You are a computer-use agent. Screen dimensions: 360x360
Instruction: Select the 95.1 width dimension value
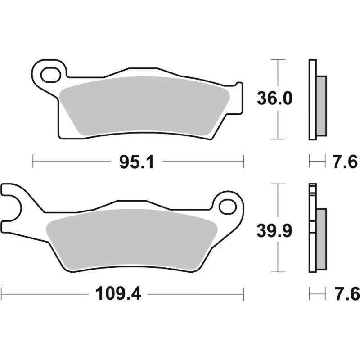coord(137,161)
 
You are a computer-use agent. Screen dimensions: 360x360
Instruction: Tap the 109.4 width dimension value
coord(118,295)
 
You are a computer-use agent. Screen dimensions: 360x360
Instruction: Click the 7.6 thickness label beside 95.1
coord(346,161)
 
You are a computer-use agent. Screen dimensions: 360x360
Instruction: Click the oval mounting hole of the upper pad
coord(51,72)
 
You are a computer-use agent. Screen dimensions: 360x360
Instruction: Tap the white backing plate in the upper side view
coord(312,99)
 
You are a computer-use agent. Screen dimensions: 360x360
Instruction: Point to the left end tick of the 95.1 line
coord(34,161)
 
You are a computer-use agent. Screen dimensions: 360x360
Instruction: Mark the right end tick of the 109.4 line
coord(244,294)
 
